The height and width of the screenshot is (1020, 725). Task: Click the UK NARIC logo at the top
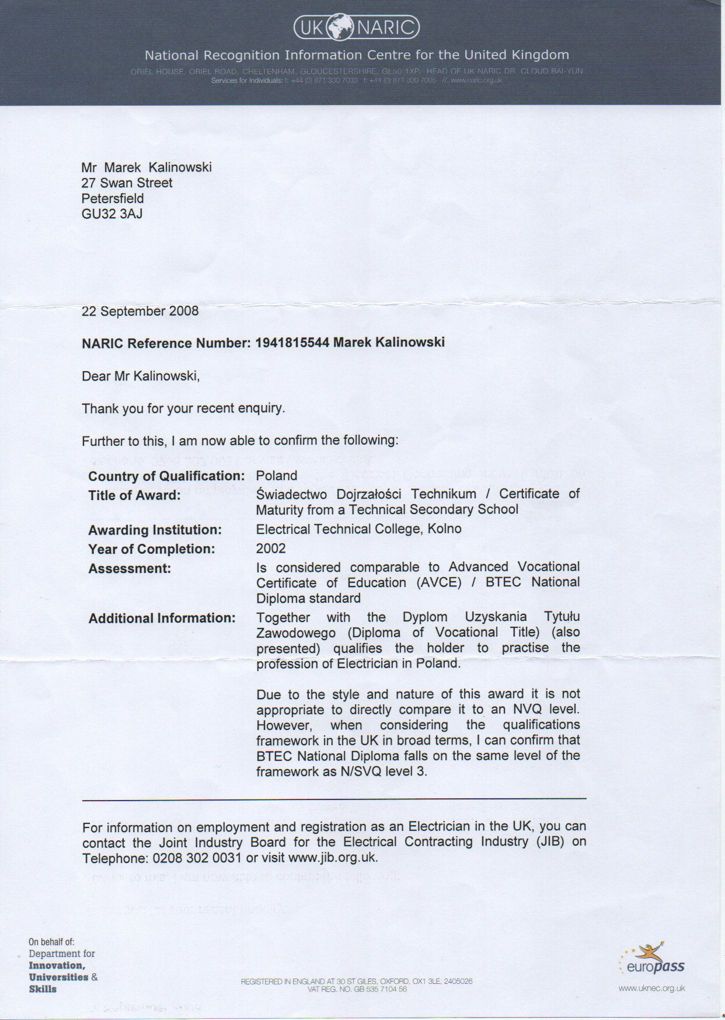point(356,27)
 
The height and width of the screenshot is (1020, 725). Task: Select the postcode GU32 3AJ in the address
point(112,214)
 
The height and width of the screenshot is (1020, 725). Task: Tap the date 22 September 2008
point(140,311)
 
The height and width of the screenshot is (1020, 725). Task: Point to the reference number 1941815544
point(292,343)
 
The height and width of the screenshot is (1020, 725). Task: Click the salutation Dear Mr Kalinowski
point(141,376)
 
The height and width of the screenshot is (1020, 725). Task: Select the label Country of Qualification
point(166,476)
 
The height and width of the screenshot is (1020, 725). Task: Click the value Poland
point(277,476)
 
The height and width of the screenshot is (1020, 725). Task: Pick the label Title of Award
point(134,495)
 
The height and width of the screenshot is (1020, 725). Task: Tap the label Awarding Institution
point(155,530)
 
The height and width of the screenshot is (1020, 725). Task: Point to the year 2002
point(271,549)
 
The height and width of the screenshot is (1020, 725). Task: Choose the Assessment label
point(130,568)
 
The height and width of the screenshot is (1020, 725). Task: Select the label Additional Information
point(162,618)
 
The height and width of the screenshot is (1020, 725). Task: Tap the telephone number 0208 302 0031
point(197,858)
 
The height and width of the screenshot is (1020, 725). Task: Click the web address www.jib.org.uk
point(333,858)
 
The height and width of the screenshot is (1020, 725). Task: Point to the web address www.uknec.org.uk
point(651,988)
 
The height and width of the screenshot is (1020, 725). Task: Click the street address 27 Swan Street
point(127,183)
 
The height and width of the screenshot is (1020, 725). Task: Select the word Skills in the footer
point(43,989)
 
